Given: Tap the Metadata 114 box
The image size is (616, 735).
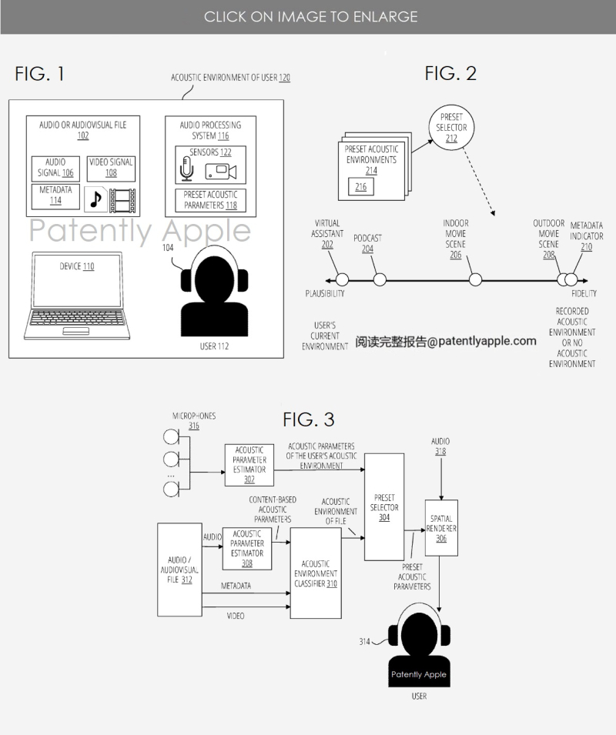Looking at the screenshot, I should (x=55, y=195).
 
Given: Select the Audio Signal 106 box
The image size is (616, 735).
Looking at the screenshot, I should (x=55, y=168).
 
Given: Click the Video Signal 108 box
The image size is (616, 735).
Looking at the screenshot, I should (x=111, y=167).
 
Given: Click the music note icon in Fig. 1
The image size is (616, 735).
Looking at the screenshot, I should (x=95, y=199).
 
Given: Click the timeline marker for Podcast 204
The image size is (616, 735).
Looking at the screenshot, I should (x=379, y=279).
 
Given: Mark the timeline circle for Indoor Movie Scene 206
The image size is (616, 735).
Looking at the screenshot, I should (x=476, y=279).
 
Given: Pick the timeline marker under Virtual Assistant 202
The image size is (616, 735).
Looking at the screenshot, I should (x=342, y=279).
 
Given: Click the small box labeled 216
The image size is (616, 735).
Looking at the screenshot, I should (x=360, y=186).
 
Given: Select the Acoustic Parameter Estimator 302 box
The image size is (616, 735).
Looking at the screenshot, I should (x=249, y=464).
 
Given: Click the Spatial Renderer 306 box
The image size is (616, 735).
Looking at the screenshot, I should (x=440, y=528).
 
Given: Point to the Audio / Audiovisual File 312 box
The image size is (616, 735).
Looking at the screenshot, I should (x=179, y=570).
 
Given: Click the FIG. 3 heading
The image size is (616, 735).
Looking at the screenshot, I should (x=308, y=419).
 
